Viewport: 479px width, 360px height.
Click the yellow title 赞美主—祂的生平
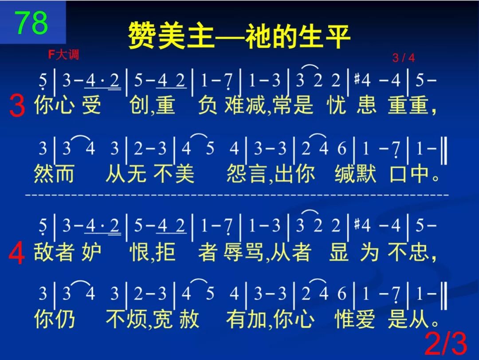click(239, 36)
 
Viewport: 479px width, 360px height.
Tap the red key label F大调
click(63, 55)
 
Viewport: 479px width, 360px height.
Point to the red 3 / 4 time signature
click(403, 58)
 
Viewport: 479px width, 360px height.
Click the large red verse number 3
click(17, 107)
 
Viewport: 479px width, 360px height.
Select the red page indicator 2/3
click(446, 344)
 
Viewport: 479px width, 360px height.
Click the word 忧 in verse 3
click(337, 106)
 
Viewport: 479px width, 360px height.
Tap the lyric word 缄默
click(356, 174)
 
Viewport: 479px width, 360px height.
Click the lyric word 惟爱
click(355, 320)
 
